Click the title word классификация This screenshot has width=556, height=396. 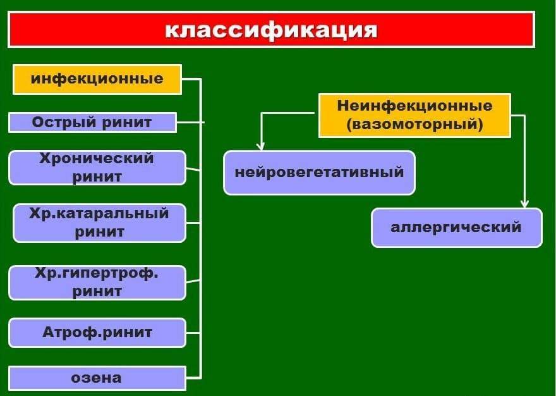tap(271, 30)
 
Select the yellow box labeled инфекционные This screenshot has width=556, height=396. tap(97, 79)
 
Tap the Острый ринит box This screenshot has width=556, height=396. tap(92, 122)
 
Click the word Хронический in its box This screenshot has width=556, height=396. tap(97, 158)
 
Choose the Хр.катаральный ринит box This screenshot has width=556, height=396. tap(99, 223)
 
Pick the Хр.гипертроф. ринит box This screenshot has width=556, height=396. tap(97, 283)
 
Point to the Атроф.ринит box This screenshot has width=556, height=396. tap(97, 332)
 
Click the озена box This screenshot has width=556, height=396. tap(97, 378)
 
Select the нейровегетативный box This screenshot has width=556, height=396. tap(319, 172)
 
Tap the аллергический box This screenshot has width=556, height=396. tap(456, 227)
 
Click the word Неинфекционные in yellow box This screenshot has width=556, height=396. tap(414, 105)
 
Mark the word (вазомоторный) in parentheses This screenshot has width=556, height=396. tap(414, 125)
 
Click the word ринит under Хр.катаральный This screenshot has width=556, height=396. tap(99, 232)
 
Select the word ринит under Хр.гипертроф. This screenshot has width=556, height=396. tap(97, 292)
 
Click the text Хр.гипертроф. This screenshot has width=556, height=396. tap(97, 275)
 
